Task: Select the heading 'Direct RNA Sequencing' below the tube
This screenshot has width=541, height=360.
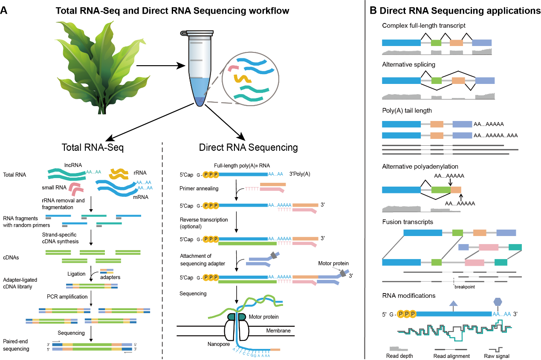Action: coord(248,148)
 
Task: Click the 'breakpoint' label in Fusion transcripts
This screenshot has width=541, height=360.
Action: coord(464,287)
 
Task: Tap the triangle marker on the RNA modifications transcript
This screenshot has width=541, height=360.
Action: coord(453,303)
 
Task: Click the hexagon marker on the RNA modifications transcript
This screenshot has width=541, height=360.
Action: coord(498,302)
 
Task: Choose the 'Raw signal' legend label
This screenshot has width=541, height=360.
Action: coord(497,356)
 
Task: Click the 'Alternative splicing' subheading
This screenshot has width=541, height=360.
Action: coord(408,64)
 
